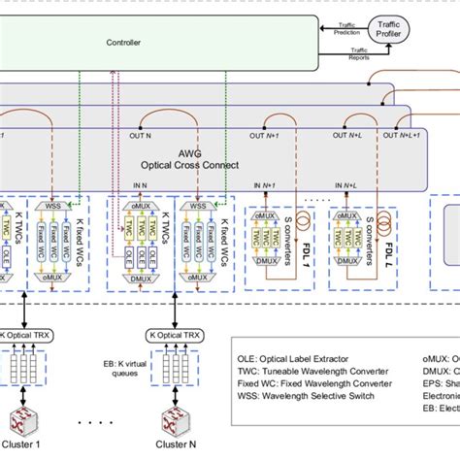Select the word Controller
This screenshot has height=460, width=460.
(x=124, y=43)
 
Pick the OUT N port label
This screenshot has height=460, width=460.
(x=142, y=137)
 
